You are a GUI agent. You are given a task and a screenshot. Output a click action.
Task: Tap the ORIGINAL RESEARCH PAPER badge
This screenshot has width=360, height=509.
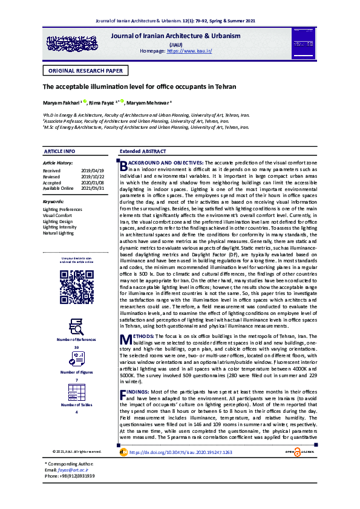(x=85, y=71)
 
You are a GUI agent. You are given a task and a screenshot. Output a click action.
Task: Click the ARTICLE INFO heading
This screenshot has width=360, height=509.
(x=59, y=151)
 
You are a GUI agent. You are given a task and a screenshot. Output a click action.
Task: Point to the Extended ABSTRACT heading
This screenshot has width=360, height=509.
(x=143, y=151)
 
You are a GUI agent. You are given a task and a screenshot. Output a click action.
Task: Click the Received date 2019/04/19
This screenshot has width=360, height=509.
(x=93, y=171)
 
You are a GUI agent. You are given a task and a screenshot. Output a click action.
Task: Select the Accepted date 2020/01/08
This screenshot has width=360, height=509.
(x=93, y=182)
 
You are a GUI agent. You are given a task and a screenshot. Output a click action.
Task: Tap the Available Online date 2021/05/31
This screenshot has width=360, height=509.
(x=93, y=187)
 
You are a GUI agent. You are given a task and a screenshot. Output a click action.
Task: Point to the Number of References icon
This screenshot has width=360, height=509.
(x=76, y=326)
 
